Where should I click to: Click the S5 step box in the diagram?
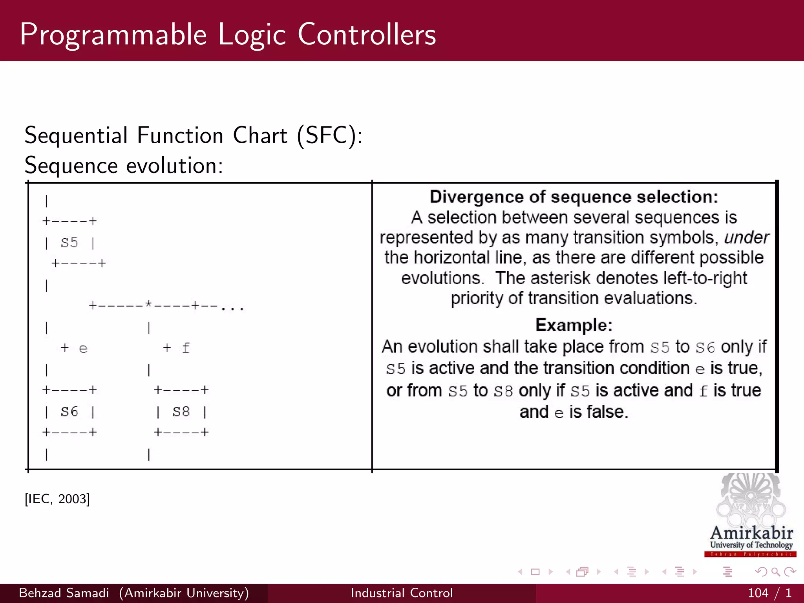click(x=69, y=243)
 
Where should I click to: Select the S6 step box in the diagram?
click(x=69, y=412)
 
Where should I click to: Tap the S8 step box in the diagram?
click(x=181, y=412)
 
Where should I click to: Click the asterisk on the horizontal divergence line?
click(x=148, y=305)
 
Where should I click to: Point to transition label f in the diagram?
click(x=186, y=348)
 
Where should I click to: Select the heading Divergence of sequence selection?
click(x=574, y=197)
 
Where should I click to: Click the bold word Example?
click(x=574, y=325)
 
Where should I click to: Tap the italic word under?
click(x=746, y=238)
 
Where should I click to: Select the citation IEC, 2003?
click(x=57, y=499)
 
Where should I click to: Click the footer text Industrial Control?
click(x=402, y=593)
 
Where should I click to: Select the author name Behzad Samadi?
click(x=64, y=593)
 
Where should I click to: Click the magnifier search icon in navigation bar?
click(x=775, y=572)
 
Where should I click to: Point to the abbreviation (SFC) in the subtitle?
click(x=329, y=135)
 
